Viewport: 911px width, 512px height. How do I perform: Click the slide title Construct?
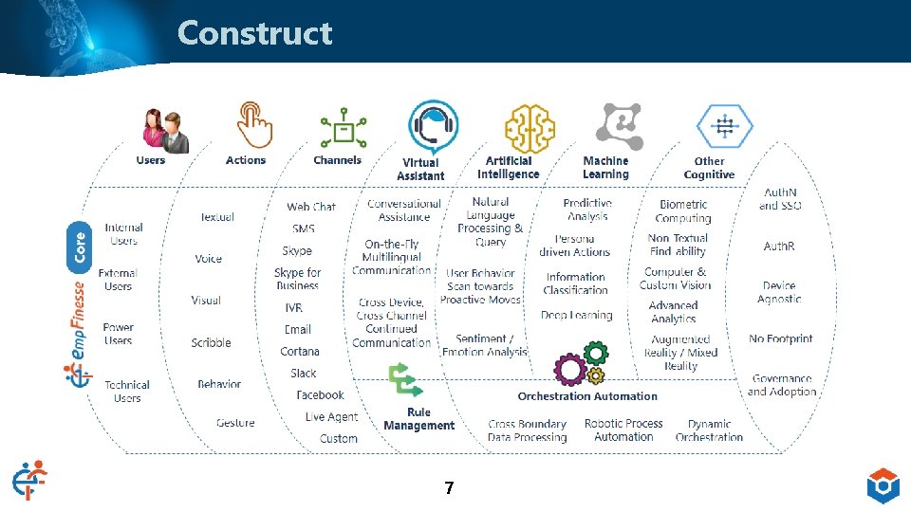point(254,33)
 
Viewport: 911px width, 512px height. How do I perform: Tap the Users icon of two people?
point(163,130)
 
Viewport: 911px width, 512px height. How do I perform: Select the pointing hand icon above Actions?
point(251,124)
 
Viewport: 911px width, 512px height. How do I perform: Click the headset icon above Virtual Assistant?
point(433,128)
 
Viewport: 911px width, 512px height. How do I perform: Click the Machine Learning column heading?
point(605,168)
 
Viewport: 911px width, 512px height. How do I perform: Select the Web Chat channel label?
point(311,207)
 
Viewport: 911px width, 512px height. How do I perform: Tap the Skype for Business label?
point(298,279)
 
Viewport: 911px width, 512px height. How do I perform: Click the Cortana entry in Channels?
point(300,352)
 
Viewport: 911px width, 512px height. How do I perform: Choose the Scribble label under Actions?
point(211,343)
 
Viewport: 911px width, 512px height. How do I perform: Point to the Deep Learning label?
point(577,316)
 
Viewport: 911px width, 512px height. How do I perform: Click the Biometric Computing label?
point(683,211)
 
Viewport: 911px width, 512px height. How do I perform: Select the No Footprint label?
point(780,338)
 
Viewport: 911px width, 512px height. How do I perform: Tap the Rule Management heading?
point(418,419)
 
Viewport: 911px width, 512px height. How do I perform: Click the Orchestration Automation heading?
point(587,396)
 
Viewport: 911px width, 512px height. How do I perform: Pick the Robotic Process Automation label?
point(623,430)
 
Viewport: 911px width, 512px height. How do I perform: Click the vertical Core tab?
point(81,243)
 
